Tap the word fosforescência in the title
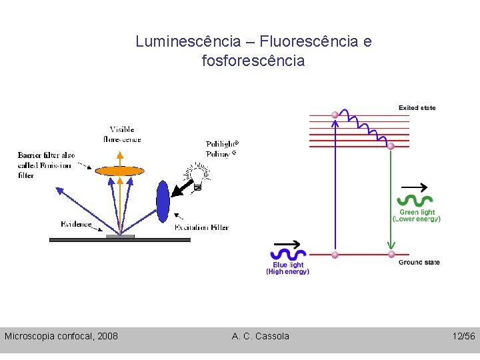pos(253,61)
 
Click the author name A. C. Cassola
pos(261,336)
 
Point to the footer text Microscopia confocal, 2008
pos(61,336)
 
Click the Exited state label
pos(417,108)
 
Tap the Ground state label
pos(419,263)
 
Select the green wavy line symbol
pos(415,200)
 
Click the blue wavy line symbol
pos(287,254)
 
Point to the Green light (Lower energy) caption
pos(417,215)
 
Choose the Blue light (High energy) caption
pos(288,268)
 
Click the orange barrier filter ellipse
pos(120,171)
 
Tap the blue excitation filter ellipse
pos(163,199)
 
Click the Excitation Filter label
pos(201,228)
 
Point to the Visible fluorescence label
pos(122,134)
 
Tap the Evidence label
pos(76,224)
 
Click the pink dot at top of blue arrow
pos(335,115)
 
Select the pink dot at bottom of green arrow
pos(391,254)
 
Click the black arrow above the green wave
pos(415,186)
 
